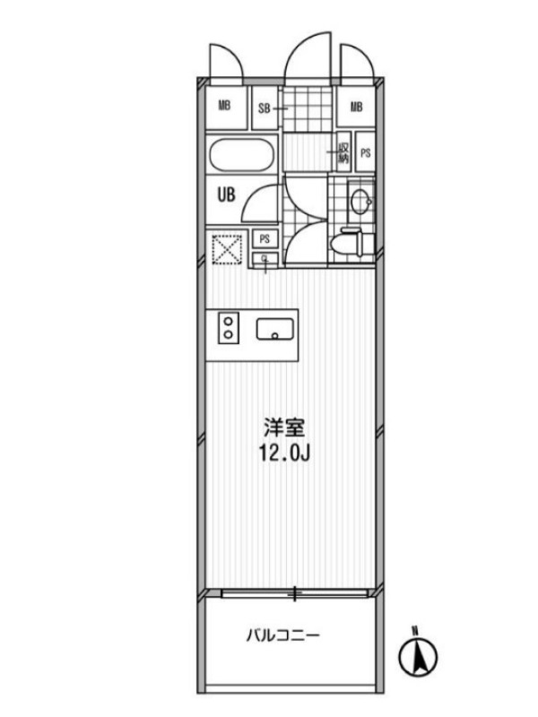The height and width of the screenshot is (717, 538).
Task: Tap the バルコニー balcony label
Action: pos(282,635)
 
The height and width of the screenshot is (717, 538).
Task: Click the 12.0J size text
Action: pos(284,453)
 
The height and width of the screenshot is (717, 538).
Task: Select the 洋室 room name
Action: pos(283,428)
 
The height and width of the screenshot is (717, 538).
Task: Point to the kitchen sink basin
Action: pos(274,329)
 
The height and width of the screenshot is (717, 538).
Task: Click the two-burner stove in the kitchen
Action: pos(229,328)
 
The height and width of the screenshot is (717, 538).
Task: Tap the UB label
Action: pos(226,195)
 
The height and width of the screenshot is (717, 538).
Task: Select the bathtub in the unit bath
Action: pos(241,155)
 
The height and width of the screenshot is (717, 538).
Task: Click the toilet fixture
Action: pos(347,243)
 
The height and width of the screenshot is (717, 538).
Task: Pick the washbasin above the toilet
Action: pos(360,200)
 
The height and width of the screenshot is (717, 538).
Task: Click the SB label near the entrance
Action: pos(264,108)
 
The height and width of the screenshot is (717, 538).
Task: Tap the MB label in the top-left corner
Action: pos(224,106)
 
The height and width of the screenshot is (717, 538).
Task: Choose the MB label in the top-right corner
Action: pos(356,107)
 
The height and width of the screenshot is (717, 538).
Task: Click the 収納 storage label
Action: pos(343,153)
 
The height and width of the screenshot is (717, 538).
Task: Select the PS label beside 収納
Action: pos(365,153)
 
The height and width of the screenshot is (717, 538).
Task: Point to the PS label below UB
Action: pos(265,238)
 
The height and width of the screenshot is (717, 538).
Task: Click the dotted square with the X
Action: pos(227,249)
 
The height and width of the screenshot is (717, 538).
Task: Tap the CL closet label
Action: pos(265,259)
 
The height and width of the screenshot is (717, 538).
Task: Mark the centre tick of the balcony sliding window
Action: pos(295,594)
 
